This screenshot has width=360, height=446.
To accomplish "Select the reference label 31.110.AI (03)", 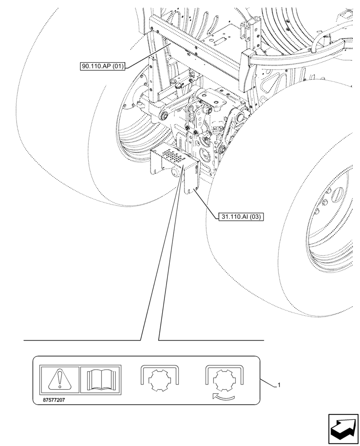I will click(242, 217).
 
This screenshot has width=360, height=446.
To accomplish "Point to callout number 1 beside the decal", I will click(278, 385).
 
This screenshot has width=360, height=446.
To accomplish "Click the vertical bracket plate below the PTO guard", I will click(191, 178).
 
